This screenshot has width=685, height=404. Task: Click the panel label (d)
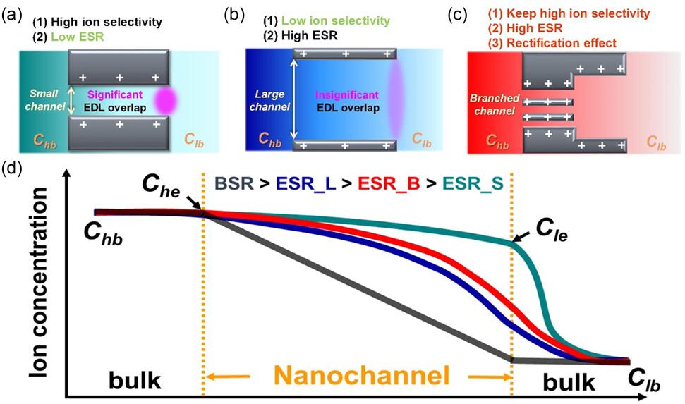tap(14, 169)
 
